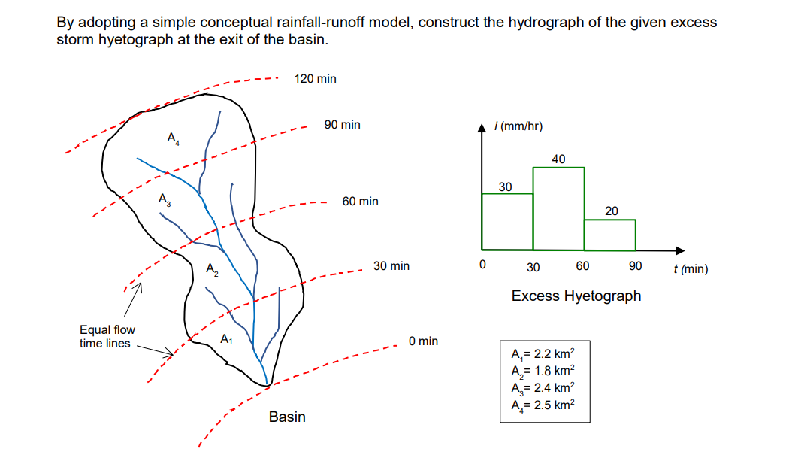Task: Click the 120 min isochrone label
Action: tap(316, 78)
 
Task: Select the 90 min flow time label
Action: tap(342, 125)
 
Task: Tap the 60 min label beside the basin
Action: tap(360, 202)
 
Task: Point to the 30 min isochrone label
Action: tap(391, 266)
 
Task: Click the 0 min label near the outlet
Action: tap(423, 341)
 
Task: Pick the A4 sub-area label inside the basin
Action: tap(173, 138)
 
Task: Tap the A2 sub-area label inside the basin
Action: tap(212, 268)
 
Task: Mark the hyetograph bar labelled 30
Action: tap(507, 221)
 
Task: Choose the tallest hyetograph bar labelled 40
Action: tap(558, 208)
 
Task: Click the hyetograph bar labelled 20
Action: tap(610, 234)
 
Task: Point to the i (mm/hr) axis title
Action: tap(519, 126)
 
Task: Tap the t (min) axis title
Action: tap(691, 268)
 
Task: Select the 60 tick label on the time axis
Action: tap(582, 266)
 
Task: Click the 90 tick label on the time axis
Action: tap(635, 266)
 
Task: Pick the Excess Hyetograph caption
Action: tap(576, 296)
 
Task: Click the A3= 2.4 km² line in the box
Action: tap(543, 387)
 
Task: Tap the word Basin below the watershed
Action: tap(287, 417)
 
